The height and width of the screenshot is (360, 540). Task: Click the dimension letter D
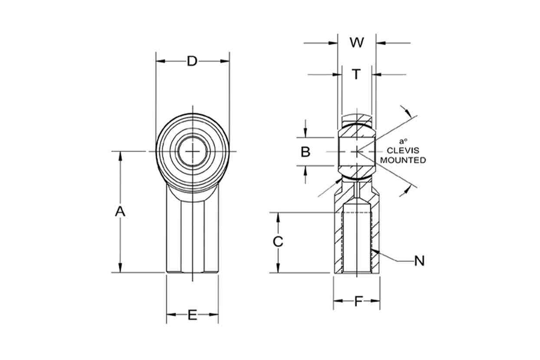(x=192, y=61)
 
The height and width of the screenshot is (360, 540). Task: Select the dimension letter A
(x=120, y=212)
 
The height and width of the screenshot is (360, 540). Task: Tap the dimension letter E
(x=192, y=315)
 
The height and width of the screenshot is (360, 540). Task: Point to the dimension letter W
(x=357, y=43)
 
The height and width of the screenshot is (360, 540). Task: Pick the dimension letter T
(x=356, y=74)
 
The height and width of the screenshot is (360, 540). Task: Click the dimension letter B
(x=306, y=152)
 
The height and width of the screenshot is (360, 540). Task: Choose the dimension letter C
(x=278, y=241)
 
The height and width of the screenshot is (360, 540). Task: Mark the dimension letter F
(x=359, y=301)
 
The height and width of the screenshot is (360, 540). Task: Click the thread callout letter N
(x=419, y=261)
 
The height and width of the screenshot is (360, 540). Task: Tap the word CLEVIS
(x=403, y=150)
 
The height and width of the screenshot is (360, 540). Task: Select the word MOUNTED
(x=403, y=160)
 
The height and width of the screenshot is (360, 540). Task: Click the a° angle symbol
(x=403, y=141)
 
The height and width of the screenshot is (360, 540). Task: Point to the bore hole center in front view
(x=192, y=151)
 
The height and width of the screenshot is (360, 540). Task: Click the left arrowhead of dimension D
(x=161, y=61)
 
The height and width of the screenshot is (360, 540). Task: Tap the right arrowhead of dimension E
(x=214, y=315)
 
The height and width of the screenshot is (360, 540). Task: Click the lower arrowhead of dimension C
(x=278, y=268)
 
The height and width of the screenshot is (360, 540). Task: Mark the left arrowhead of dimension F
(x=338, y=301)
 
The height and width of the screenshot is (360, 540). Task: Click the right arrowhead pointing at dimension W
(x=381, y=43)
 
